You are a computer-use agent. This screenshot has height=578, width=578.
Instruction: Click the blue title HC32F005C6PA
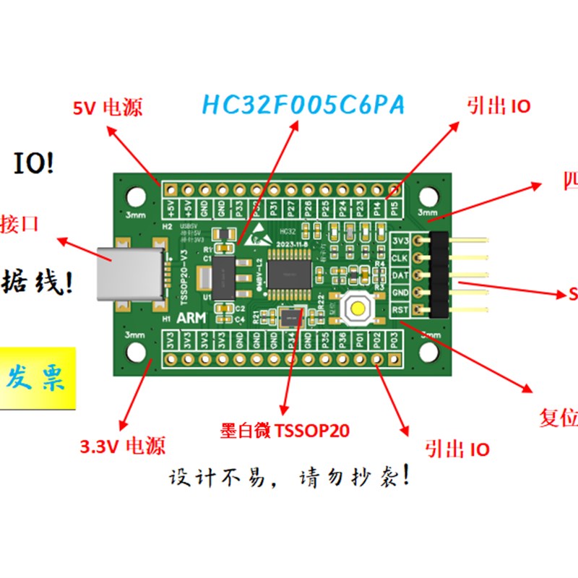303,105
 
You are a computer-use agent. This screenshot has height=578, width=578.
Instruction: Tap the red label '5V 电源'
108,108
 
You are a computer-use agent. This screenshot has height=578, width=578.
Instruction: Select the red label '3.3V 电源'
122,446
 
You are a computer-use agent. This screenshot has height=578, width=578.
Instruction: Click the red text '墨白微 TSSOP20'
285,431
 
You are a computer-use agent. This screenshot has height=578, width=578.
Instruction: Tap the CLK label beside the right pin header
400,258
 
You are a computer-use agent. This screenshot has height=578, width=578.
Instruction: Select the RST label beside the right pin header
400,310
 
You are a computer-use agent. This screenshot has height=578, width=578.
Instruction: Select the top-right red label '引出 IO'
499,107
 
